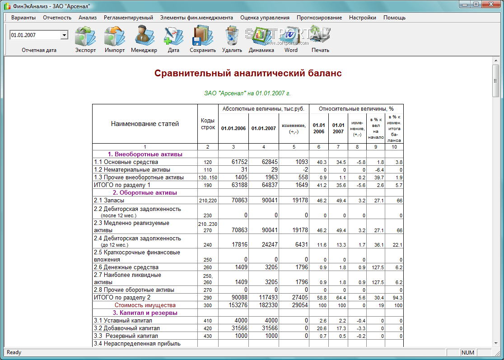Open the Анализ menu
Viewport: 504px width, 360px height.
tap(88, 18)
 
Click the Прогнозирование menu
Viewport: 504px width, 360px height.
tap(319, 18)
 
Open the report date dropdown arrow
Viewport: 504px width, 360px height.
tap(64, 35)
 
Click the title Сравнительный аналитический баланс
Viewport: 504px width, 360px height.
tap(248, 73)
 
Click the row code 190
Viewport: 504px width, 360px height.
tap(208, 185)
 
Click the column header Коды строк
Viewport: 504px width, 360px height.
tap(208, 124)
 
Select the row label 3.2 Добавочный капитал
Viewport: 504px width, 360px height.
tap(126, 328)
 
